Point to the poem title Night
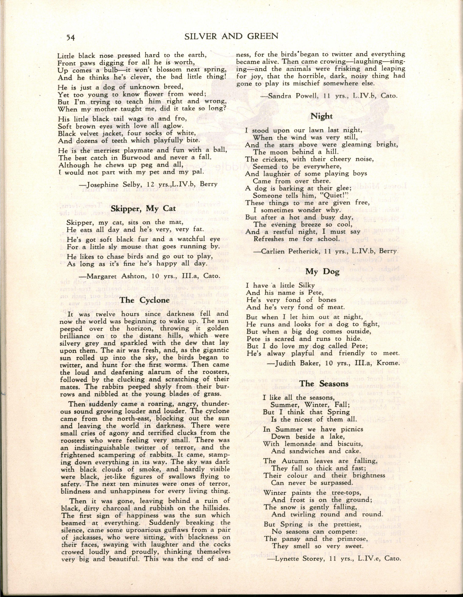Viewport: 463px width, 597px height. [322, 116]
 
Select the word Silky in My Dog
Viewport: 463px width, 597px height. [303, 285]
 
